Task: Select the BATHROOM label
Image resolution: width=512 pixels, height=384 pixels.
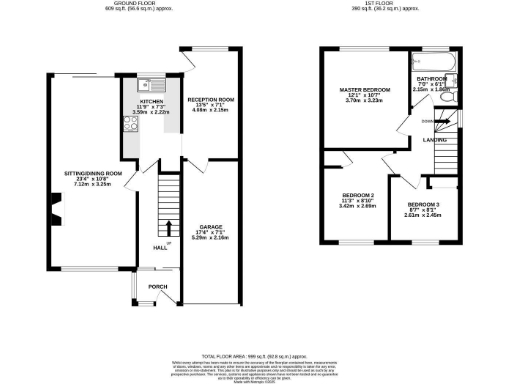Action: [x=432, y=78]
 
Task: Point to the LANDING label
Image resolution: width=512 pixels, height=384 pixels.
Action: [x=434, y=140]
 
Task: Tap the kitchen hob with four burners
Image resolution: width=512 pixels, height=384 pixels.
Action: [x=130, y=125]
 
